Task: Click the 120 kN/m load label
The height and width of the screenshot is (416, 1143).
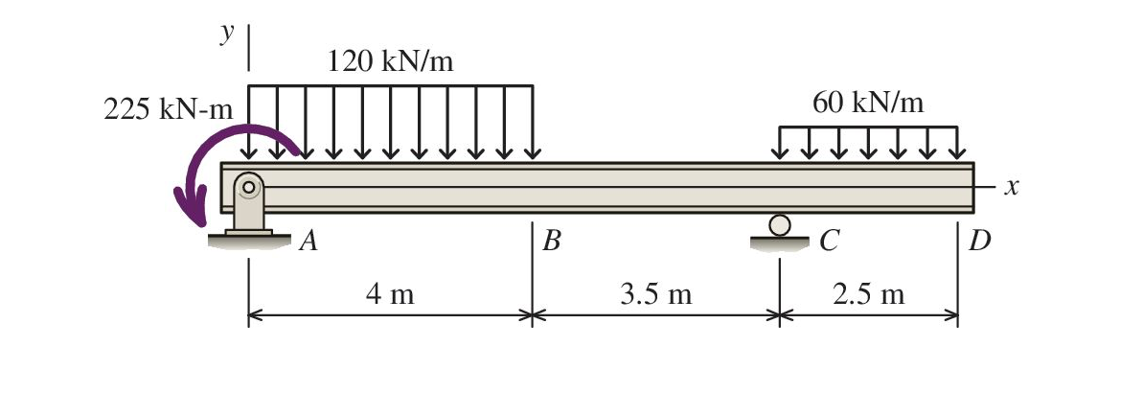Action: [390, 63]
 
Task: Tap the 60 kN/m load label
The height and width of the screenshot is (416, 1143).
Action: [868, 103]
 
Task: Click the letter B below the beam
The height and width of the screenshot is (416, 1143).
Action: [551, 241]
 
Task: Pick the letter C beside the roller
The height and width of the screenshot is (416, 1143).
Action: [829, 241]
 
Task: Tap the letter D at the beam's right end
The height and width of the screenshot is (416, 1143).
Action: [979, 241]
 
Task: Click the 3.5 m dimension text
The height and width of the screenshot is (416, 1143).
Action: [655, 294]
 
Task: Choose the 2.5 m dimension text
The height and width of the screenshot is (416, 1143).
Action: [868, 294]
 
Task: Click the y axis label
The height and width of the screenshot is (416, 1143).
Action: [227, 33]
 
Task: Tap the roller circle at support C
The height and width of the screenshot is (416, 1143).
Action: [780, 225]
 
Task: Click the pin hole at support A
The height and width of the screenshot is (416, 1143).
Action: [248, 187]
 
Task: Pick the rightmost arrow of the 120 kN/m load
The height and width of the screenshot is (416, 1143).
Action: [533, 123]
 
